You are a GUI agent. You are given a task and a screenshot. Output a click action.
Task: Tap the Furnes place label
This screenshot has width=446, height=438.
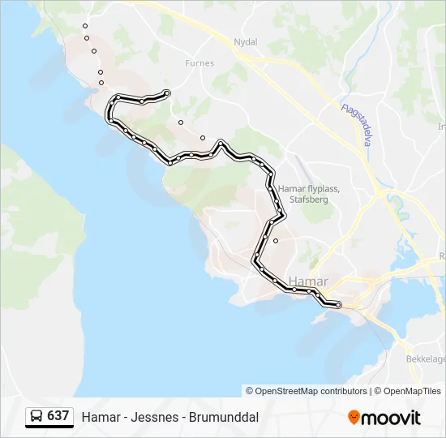tap(199, 62)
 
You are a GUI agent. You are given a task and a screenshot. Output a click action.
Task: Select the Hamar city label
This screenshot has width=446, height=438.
tap(308, 281)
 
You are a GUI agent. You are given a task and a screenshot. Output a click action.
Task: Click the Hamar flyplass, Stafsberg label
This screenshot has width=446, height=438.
tap(308, 194)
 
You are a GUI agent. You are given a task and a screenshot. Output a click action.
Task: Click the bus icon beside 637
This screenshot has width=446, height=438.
tap(36, 416)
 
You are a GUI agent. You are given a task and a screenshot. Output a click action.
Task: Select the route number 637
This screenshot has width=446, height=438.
tap(58, 416)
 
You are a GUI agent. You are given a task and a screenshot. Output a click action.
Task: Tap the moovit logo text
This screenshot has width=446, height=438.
tap(391, 418)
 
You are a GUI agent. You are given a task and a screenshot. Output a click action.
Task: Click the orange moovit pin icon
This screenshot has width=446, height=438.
tap(354, 417)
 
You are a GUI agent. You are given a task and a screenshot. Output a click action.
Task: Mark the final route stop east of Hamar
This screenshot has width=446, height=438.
tap(338, 305)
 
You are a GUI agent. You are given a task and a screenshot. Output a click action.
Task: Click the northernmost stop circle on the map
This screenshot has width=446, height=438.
tap(84, 26)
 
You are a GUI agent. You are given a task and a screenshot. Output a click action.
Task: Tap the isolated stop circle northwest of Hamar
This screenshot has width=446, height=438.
tap(276, 241)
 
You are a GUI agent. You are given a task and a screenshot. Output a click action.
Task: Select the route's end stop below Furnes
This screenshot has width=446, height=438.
tap(166, 92)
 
